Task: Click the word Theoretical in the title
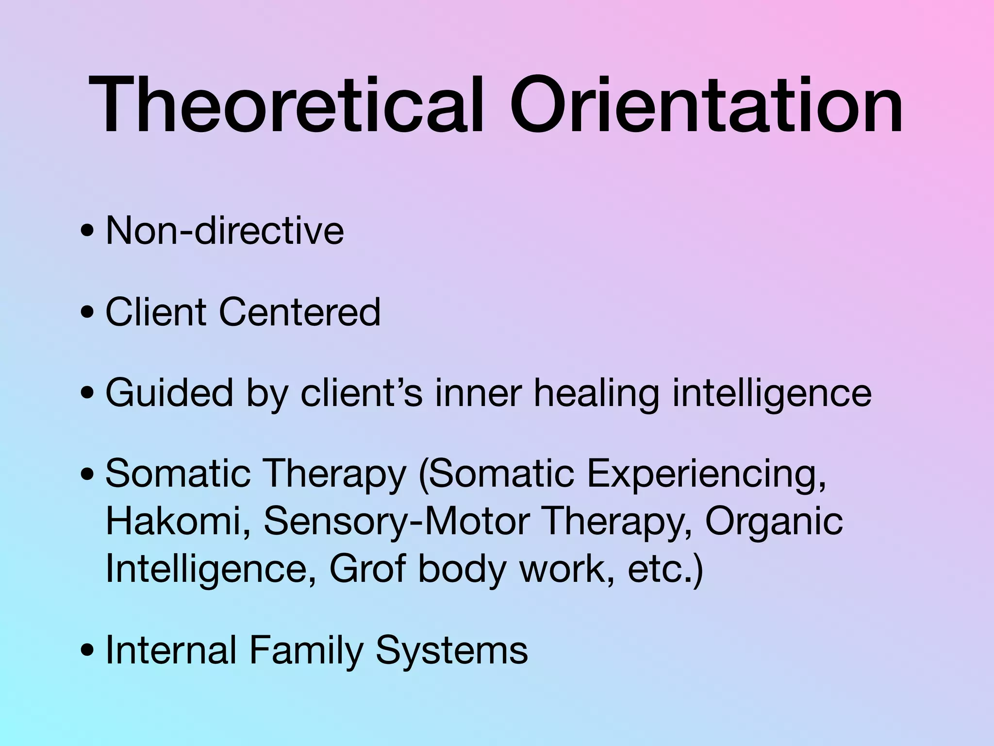(286, 105)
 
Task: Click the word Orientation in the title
(706, 105)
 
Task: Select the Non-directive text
(224, 230)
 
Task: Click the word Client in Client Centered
(156, 311)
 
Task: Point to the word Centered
(299, 311)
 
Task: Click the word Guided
(169, 392)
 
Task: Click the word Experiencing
(706, 474)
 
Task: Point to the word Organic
(774, 521)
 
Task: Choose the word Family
(306, 650)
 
